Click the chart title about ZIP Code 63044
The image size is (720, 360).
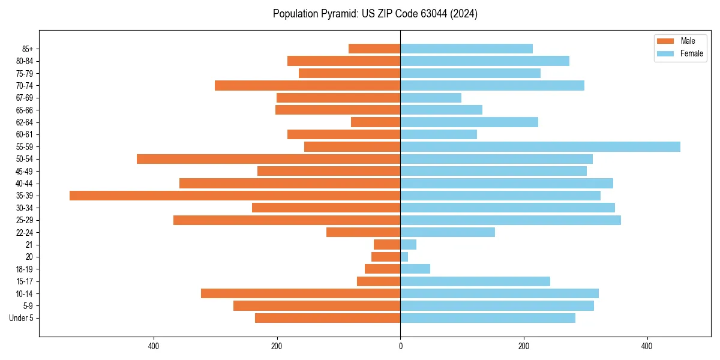tap(375, 14)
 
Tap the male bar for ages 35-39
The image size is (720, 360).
tap(235, 196)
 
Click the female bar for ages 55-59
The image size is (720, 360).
tap(540, 147)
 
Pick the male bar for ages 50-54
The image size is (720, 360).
tap(268, 159)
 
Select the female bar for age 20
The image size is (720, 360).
tap(404, 257)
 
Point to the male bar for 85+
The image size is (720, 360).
tap(374, 49)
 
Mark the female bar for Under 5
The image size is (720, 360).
tap(488, 318)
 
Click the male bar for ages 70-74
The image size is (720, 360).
tap(307, 86)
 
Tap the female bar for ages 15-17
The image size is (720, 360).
tap(475, 281)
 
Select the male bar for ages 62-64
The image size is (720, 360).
tap(376, 122)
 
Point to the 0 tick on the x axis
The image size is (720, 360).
tap(400, 346)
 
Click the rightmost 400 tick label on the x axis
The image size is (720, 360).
tap(647, 346)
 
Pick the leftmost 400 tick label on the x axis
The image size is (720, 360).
tap(154, 346)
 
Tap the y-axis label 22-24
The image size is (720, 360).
tap(24, 233)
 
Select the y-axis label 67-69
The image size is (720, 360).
tap(24, 98)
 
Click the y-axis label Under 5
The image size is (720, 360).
tap(22, 318)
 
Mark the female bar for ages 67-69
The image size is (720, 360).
tap(431, 98)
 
